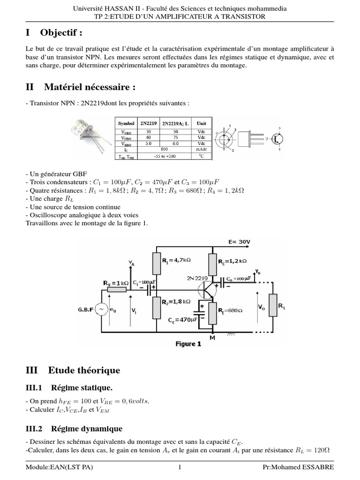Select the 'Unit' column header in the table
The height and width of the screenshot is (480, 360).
click(x=202, y=124)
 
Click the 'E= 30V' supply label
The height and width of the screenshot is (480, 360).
click(x=239, y=242)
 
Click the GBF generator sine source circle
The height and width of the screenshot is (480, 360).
click(x=101, y=310)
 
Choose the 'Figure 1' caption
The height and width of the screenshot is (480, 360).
click(x=188, y=344)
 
